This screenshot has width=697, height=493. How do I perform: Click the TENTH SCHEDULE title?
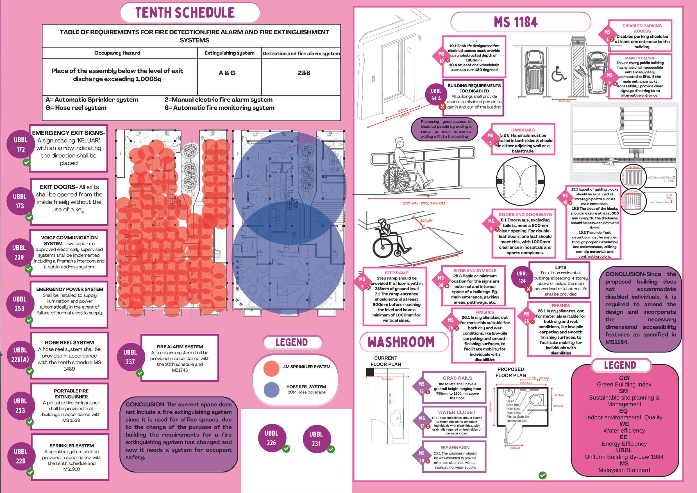tap(185, 13)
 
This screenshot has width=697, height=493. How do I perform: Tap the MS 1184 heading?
tap(516, 22)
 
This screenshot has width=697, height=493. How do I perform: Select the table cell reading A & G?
tap(227, 73)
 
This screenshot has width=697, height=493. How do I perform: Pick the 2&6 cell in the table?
tap(304, 73)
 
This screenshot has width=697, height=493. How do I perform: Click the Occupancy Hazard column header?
tap(117, 53)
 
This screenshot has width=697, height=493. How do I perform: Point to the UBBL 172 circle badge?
tap(20, 144)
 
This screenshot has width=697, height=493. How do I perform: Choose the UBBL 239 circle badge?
tap(19, 252)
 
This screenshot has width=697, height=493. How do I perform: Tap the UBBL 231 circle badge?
tap(316, 439)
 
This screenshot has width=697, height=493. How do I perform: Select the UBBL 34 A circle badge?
tap(436, 94)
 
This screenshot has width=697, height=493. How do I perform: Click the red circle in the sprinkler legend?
tap(271, 368)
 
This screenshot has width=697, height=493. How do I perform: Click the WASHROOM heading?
tap(401, 342)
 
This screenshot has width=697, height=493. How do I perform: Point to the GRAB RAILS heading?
tap(457, 378)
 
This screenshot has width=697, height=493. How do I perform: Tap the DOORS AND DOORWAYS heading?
tap(525, 214)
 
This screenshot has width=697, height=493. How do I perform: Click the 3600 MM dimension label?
tap(564, 101)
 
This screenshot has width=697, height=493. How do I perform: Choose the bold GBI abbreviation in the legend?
tap(624, 378)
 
